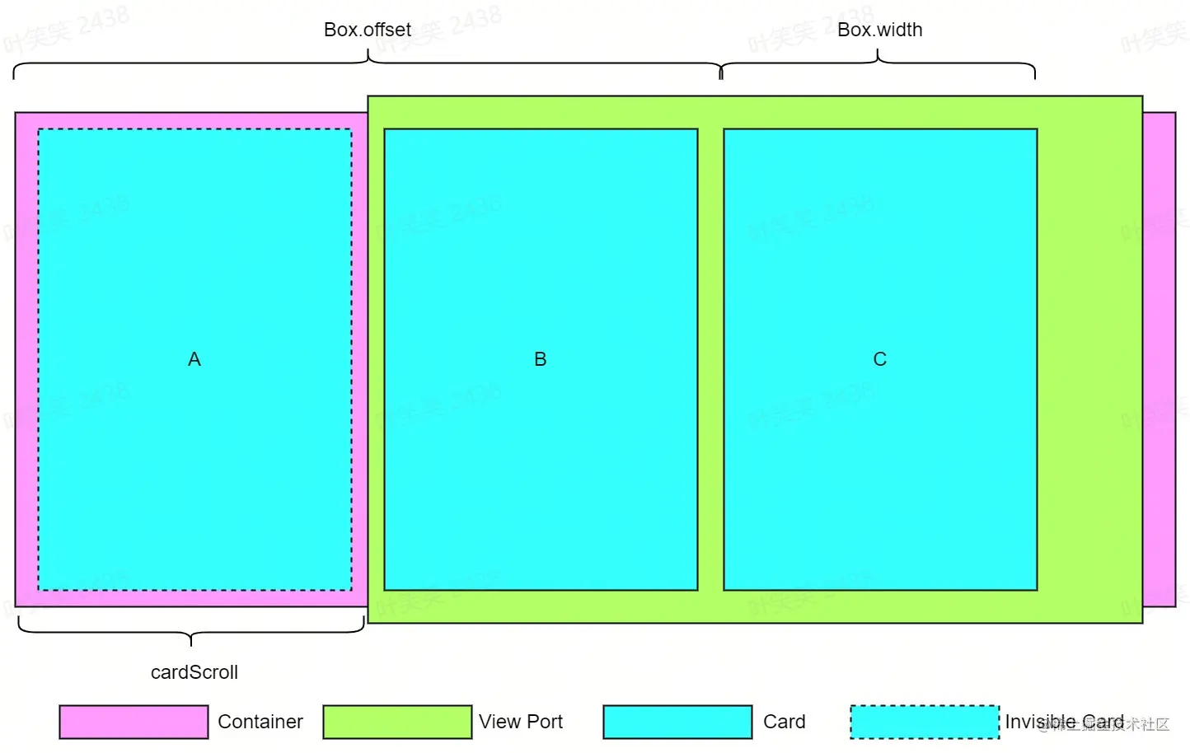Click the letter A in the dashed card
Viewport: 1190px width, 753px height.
click(x=194, y=359)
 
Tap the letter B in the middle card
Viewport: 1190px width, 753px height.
click(x=541, y=359)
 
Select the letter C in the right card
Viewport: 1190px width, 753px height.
click(x=880, y=359)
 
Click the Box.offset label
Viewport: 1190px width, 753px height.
click(x=368, y=30)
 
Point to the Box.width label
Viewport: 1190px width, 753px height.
click(x=879, y=30)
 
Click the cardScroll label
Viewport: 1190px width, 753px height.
click(x=194, y=672)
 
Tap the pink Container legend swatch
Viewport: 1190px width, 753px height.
click(x=134, y=722)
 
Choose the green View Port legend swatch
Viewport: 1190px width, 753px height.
click(x=397, y=722)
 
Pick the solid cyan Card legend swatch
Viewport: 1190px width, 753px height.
click(x=677, y=722)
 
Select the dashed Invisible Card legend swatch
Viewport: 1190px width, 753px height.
click(x=925, y=722)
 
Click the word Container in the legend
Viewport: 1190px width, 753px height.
click(x=260, y=722)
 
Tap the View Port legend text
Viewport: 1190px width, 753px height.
click(x=521, y=722)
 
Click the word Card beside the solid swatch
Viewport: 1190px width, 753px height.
click(x=785, y=722)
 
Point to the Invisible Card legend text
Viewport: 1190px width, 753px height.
click(x=1064, y=722)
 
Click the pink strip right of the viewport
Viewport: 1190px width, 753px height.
click(x=1160, y=359)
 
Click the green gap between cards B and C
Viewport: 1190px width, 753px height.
click(x=710, y=359)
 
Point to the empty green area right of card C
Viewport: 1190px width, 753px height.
click(x=1089, y=359)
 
